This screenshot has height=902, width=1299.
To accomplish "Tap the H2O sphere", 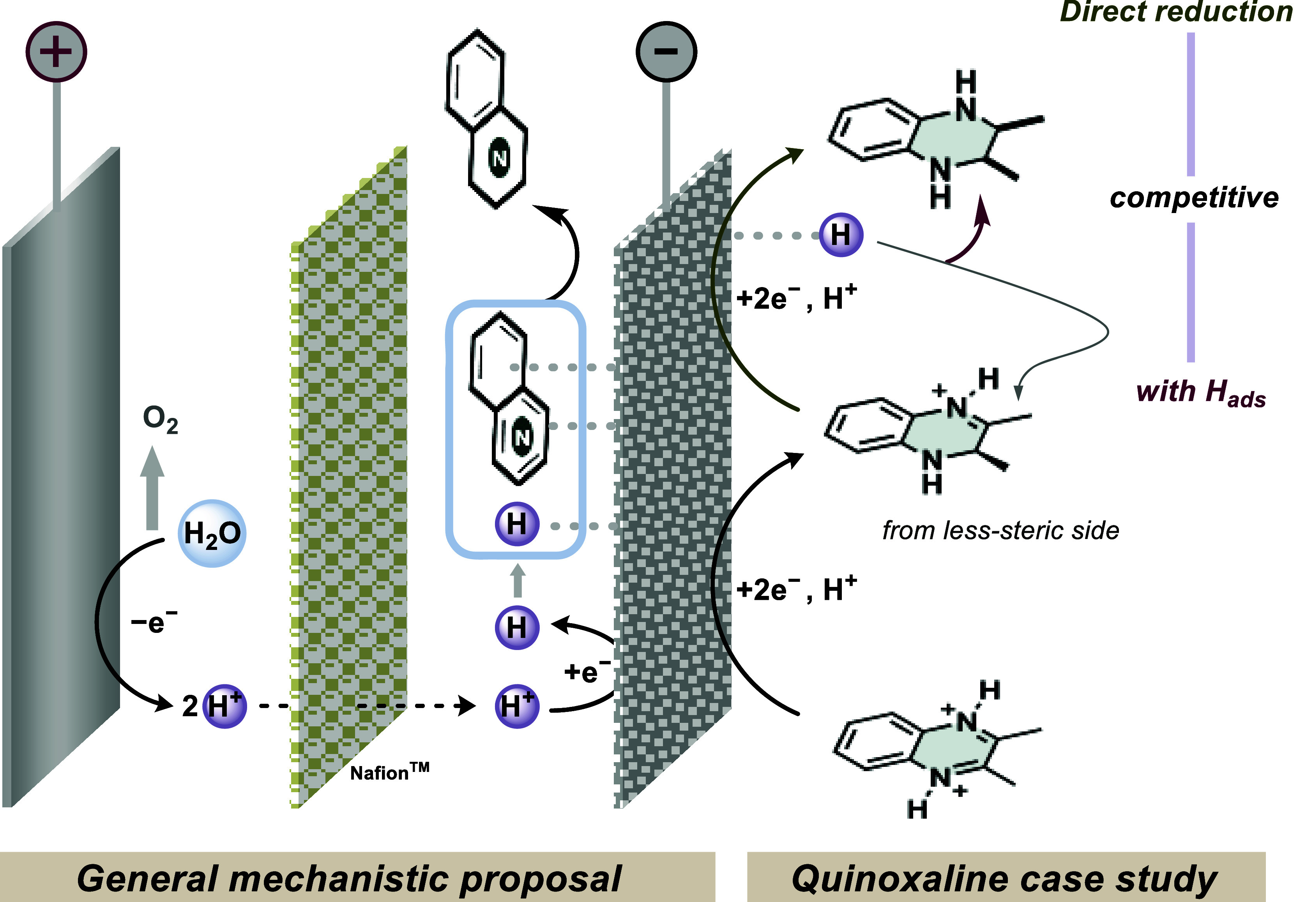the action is tap(212, 533).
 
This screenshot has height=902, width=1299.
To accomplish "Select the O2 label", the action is tap(160, 419).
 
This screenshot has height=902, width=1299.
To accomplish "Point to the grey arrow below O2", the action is tap(152, 488).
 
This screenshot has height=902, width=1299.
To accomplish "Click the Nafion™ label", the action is tap(390, 772).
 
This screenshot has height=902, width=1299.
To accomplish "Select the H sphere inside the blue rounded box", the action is tap(517, 524).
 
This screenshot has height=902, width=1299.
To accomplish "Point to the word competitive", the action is tap(1194, 198).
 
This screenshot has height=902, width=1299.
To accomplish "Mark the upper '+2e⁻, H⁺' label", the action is tap(797, 298).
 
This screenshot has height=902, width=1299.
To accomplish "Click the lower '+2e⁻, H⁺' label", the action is tap(797, 590).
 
